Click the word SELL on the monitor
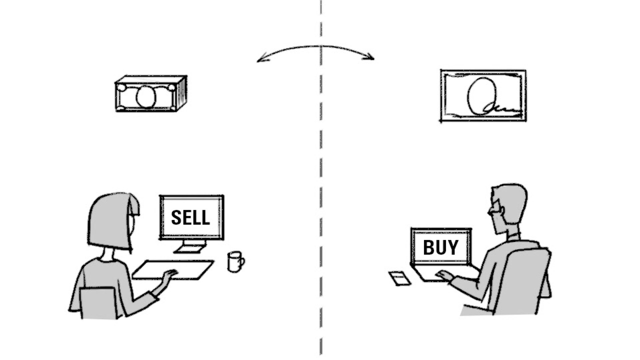coord(190,217)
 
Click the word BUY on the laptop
coord(440,247)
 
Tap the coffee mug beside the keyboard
coord(234,261)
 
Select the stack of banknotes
coord(150,94)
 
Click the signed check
coord(483,95)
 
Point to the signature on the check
coord(500,107)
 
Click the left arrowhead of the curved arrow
coord(259,60)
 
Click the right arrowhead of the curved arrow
coord(371,58)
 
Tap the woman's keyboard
coord(172,269)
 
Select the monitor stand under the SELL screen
coord(190,246)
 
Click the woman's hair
coord(111,220)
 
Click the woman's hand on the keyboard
coord(170,273)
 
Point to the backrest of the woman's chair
coord(98,303)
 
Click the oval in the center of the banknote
coord(145,97)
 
